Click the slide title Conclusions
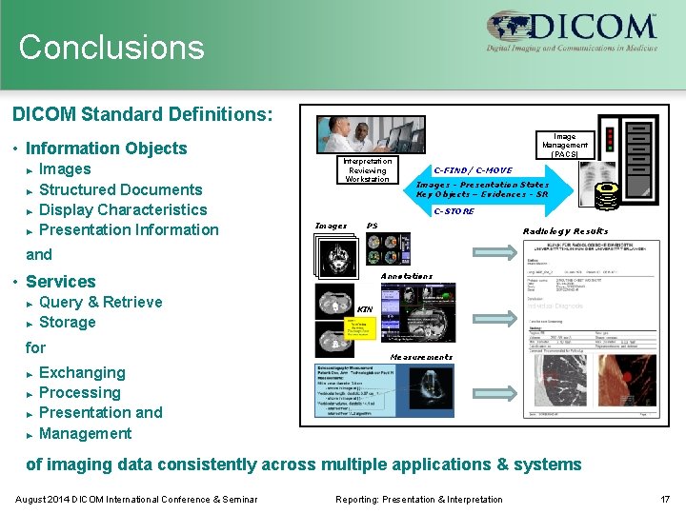(111, 48)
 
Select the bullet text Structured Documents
(120, 189)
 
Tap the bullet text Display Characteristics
(123, 209)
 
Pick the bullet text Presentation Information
(129, 229)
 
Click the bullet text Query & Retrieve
(100, 302)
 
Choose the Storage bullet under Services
(67, 322)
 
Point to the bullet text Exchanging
(82, 372)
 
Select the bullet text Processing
(79, 392)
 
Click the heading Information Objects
(106, 148)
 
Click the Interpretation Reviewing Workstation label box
(367, 170)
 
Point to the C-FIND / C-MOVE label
(473, 170)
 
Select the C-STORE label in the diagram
(454, 211)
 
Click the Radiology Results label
(565, 231)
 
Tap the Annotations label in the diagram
(406, 276)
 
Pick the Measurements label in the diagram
(421, 357)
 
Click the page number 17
(665, 499)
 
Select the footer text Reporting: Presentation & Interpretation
(419, 499)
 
